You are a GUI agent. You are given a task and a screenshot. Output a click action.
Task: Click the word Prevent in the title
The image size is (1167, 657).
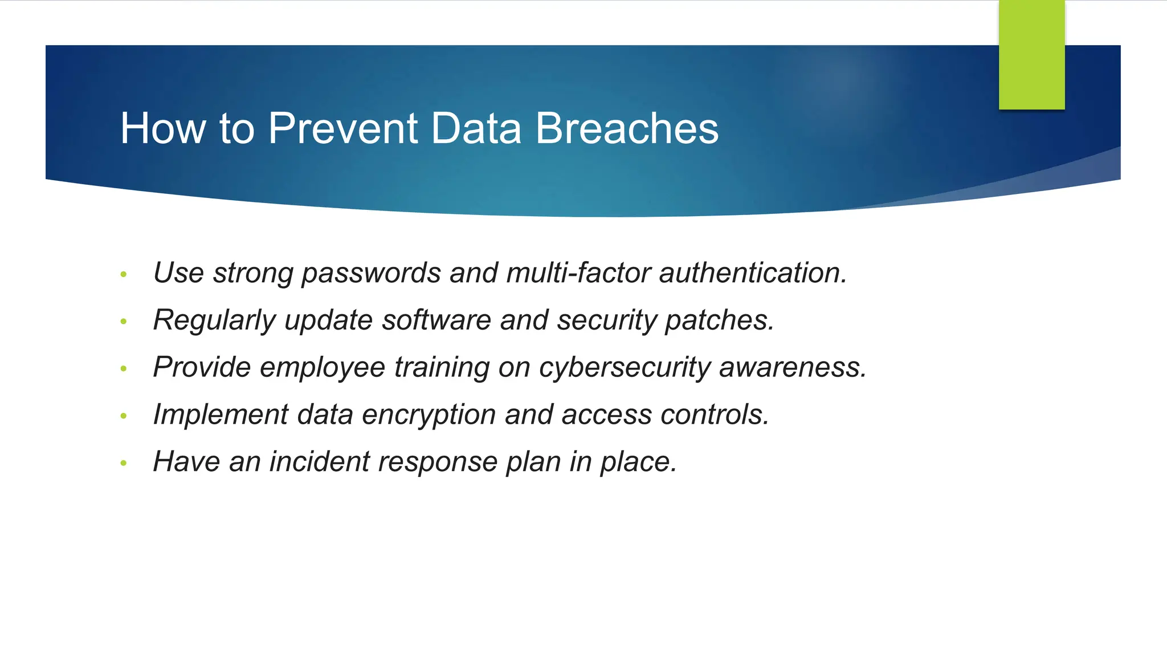point(343,128)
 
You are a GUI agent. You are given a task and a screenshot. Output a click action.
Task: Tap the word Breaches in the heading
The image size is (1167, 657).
point(627,128)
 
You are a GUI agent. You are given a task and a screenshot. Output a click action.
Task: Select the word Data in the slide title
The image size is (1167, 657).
point(476,128)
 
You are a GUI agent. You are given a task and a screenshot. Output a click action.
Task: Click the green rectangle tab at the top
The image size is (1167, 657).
point(1031,55)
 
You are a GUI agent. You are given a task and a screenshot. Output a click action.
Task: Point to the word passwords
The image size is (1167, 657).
point(371,273)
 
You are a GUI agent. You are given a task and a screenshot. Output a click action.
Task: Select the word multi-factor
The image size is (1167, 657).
point(578,273)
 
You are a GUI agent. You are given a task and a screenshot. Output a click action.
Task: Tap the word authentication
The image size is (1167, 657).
point(753,273)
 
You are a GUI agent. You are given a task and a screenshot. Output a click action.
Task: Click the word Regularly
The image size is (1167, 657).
point(214,321)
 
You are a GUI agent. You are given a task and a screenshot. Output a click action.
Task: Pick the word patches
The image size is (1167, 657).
point(720,321)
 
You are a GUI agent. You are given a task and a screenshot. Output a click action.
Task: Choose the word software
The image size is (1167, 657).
point(436,320)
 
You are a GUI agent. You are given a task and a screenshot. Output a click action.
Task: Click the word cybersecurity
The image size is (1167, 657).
point(625,367)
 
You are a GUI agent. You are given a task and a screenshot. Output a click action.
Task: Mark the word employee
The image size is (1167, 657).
point(323,367)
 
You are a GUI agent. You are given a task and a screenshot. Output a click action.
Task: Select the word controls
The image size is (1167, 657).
point(715,415)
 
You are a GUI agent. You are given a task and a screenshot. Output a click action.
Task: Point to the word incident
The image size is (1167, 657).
point(320,461)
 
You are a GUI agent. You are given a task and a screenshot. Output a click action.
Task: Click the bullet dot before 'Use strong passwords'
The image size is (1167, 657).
point(124,275)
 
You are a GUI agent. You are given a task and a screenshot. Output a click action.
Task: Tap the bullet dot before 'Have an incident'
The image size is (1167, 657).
point(124,463)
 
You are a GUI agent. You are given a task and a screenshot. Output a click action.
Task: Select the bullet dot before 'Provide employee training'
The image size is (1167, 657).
point(124,369)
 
